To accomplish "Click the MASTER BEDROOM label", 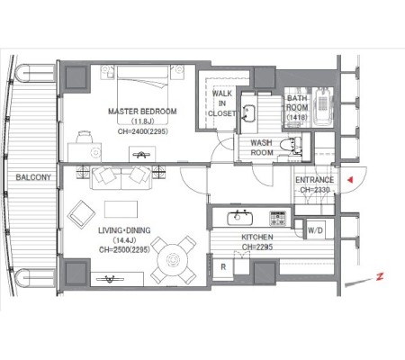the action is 142,112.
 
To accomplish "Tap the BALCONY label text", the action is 33,177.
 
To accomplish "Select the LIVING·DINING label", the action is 124,230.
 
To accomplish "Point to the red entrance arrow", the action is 350,180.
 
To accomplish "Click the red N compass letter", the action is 380,276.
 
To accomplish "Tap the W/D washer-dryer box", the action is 315,230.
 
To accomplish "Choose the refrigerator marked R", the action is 223,267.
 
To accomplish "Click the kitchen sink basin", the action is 239,218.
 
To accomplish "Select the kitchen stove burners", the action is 278,218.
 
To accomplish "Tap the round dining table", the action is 173,259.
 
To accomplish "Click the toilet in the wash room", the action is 291,145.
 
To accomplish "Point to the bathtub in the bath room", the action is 323,107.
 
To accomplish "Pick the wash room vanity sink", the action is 248,113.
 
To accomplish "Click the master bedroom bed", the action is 142,95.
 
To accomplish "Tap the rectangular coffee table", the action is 121,209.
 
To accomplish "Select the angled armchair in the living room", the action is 82,214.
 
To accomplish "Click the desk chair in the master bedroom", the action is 84,137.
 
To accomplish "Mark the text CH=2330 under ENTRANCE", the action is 315,190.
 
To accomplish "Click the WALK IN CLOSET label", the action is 222,103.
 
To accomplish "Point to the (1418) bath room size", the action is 297,117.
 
